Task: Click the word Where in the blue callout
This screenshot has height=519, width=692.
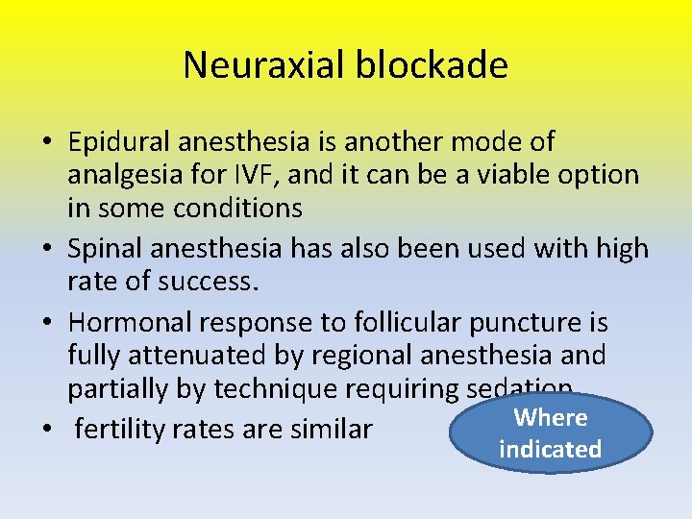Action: click(551, 417)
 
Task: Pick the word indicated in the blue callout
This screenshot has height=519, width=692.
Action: click(551, 449)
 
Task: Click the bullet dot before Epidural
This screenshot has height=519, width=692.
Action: click(46, 143)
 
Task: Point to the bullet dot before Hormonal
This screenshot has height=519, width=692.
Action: click(46, 322)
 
